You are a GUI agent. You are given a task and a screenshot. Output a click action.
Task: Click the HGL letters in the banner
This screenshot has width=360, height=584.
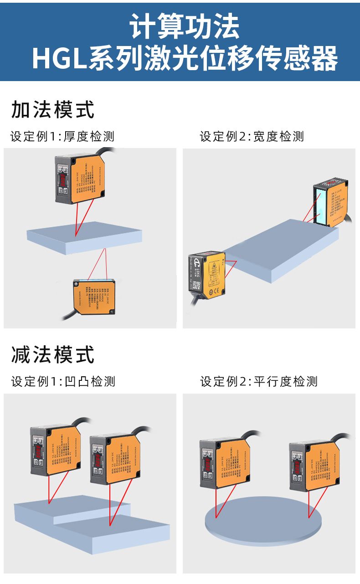pyautogui.click(x=59, y=58)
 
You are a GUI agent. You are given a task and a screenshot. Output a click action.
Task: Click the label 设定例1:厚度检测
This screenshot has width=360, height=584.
pyautogui.click(x=62, y=136)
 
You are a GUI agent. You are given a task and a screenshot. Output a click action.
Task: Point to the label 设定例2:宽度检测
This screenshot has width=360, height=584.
pyautogui.click(x=252, y=136)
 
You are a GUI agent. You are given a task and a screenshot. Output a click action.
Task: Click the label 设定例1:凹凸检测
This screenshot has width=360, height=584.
pyautogui.click(x=63, y=381)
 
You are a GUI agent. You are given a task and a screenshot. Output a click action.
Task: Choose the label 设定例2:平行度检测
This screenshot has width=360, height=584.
pyautogui.click(x=259, y=381)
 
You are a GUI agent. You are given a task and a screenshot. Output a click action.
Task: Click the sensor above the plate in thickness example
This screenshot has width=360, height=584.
pyautogui.click(x=81, y=178)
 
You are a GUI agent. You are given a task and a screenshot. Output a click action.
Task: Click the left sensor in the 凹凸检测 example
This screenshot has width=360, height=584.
pyautogui.click(x=55, y=451)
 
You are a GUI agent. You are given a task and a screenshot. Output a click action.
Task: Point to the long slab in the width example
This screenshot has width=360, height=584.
pyautogui.click(x=283, y=251)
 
